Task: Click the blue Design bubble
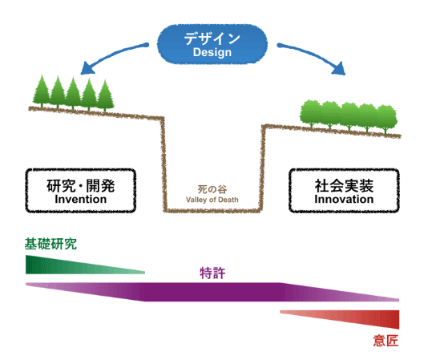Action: (212, 44)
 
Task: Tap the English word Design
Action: (212, 52)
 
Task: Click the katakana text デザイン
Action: (212, 38)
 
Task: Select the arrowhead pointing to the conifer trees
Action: (87, 68)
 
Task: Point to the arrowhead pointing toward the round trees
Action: (339, 68)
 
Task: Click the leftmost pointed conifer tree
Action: (42, 91)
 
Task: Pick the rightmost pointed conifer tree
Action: (105, 95)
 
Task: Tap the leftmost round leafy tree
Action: (311, 114)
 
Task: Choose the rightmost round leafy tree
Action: (386, 119)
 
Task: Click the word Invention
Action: (81, 199)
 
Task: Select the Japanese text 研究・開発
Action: (81, 185)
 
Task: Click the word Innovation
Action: (344, 199)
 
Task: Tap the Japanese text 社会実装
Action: (344, 185)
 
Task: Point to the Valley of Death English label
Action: (212, 200)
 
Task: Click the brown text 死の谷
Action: (212, 189)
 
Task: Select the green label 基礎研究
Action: (50, 244)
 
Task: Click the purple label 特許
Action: (212, 273)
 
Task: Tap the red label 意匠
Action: (386, 341)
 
